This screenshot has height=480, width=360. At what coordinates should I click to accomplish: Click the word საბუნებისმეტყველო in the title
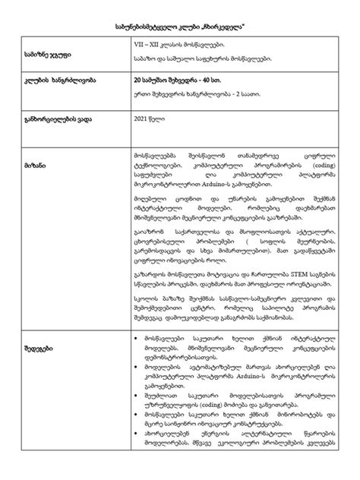(x=144, y=26)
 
